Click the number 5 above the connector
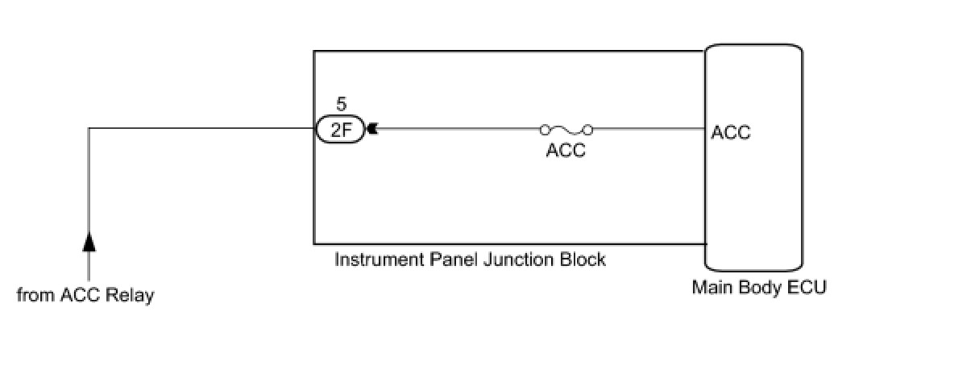point(341,105)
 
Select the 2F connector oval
point(340,129)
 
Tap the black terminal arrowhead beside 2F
point(371,129)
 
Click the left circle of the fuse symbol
point(544,129)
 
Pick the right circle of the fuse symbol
point(589,129)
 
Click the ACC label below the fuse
point(566,151)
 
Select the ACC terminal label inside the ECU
point(731,133)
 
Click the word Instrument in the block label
point(373,260)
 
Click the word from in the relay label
point(35,296)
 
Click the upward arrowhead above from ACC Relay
point(89,240)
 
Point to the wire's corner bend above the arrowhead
point(89,129)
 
